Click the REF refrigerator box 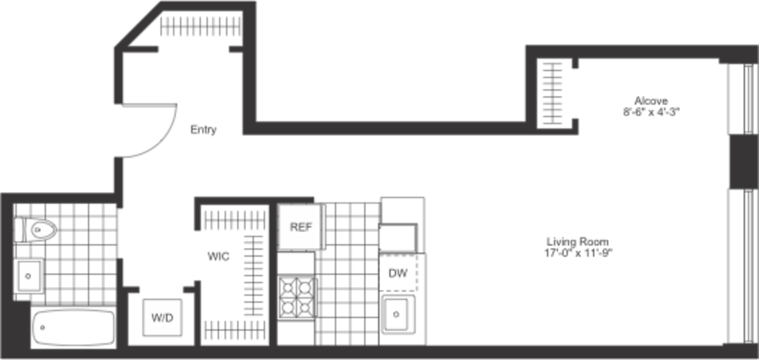pyautogui.click(x=302, y=227)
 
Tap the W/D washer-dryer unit pyautogui.click(x=162, y=317)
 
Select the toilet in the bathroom pyautogui.click(x=35, y=230)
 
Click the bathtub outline pyautogui.click(x=74, y=327)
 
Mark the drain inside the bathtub pyautogui.click(x=43, y=327)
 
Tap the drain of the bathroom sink pyautogui.click(x=29, y=275)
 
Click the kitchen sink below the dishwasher pyautogui.click(x=399, y=315)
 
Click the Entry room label pyautogui.click(x=203, y=129)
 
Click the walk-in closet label pyautogui.click(x=219, y=256)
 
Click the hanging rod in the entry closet pyautogui.click(x=200, y=26)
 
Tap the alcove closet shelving pyautogui.click(x=552, y=94)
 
